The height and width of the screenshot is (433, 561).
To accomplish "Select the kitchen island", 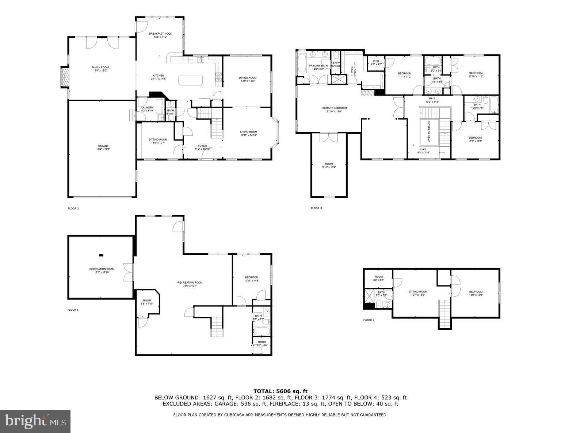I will (x=190, y=80).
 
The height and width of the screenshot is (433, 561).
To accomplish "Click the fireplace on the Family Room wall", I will (x=65, y=77).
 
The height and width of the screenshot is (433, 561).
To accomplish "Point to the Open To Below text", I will (x=428, y=131).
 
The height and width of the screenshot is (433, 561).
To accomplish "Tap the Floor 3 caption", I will (x=316, y=208).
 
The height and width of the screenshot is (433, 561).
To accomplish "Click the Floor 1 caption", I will (x=73, y=310).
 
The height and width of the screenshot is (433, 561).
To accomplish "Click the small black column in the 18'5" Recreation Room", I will (x=101, y=255).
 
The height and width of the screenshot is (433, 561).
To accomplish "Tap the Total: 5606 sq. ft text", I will (x=280, y=391).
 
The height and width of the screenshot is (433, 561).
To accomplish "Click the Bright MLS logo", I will (x=35, y=421).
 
